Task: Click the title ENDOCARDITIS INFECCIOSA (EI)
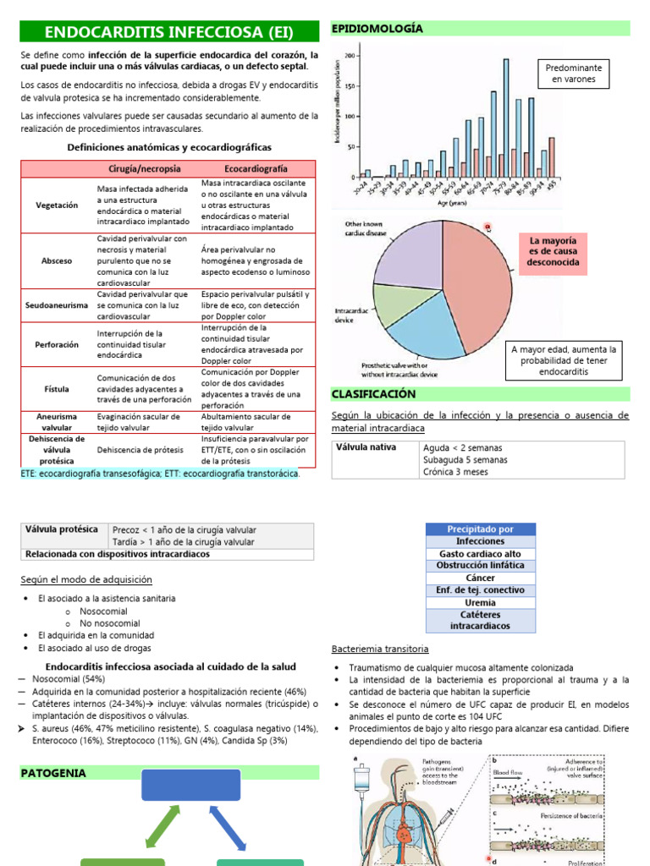[168, 33]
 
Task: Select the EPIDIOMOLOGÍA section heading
[377, 29]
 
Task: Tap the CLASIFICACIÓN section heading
[373, 394]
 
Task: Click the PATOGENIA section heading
[52, 773]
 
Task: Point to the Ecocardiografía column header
[256, 168]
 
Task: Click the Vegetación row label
[58, 205]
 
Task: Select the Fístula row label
[58, 389]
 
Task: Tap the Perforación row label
[58, 345]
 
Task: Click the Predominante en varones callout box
[574, 74]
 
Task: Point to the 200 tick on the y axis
[351, 56]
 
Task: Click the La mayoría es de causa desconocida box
[554, 252]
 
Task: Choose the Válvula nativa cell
[366, 447]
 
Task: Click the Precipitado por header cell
[480, 529]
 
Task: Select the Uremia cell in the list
[480, 603]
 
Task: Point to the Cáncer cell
[480, 578]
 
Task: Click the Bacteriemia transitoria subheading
[379, 649]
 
